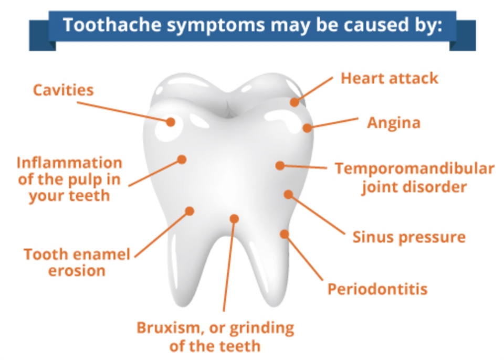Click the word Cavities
(64, 90)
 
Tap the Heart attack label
(389, 78)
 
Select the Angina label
(394, 123)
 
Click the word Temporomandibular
(415, 168)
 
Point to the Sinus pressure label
(409, 237)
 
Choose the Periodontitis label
(377, 289)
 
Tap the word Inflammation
(69, 163)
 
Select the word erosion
(77, 271)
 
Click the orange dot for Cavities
(171, 122)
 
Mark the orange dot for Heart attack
(295, 102)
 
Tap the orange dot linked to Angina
(307, 128)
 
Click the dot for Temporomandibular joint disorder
(280, 165)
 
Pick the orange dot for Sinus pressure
(288, 194)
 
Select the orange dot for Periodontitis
(284, 234)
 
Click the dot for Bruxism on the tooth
(234, 218)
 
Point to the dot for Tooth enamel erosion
(190, 211)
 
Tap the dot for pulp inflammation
(182, 159)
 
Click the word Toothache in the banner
(112, 25)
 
